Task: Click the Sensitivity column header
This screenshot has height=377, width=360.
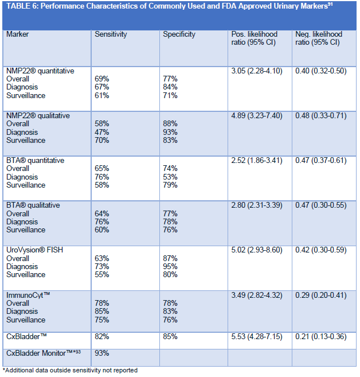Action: click(111, 34)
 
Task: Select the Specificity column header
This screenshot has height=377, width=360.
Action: click(179, 34)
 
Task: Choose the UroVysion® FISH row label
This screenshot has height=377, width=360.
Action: click(36, 250)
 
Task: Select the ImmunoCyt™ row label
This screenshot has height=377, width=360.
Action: click(28, 295)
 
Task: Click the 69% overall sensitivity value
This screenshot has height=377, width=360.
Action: click(102, 79)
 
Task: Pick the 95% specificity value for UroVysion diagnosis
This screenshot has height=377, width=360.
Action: click(170, 267)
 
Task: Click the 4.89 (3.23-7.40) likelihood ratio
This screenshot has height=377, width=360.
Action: click(256, 116)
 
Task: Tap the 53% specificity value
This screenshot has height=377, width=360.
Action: click(170, 177)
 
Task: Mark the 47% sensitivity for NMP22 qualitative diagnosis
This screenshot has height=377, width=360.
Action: click(102, 132)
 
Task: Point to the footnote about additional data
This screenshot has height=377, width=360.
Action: click(70, 370)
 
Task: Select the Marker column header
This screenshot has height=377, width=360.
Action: click(18, 34)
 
